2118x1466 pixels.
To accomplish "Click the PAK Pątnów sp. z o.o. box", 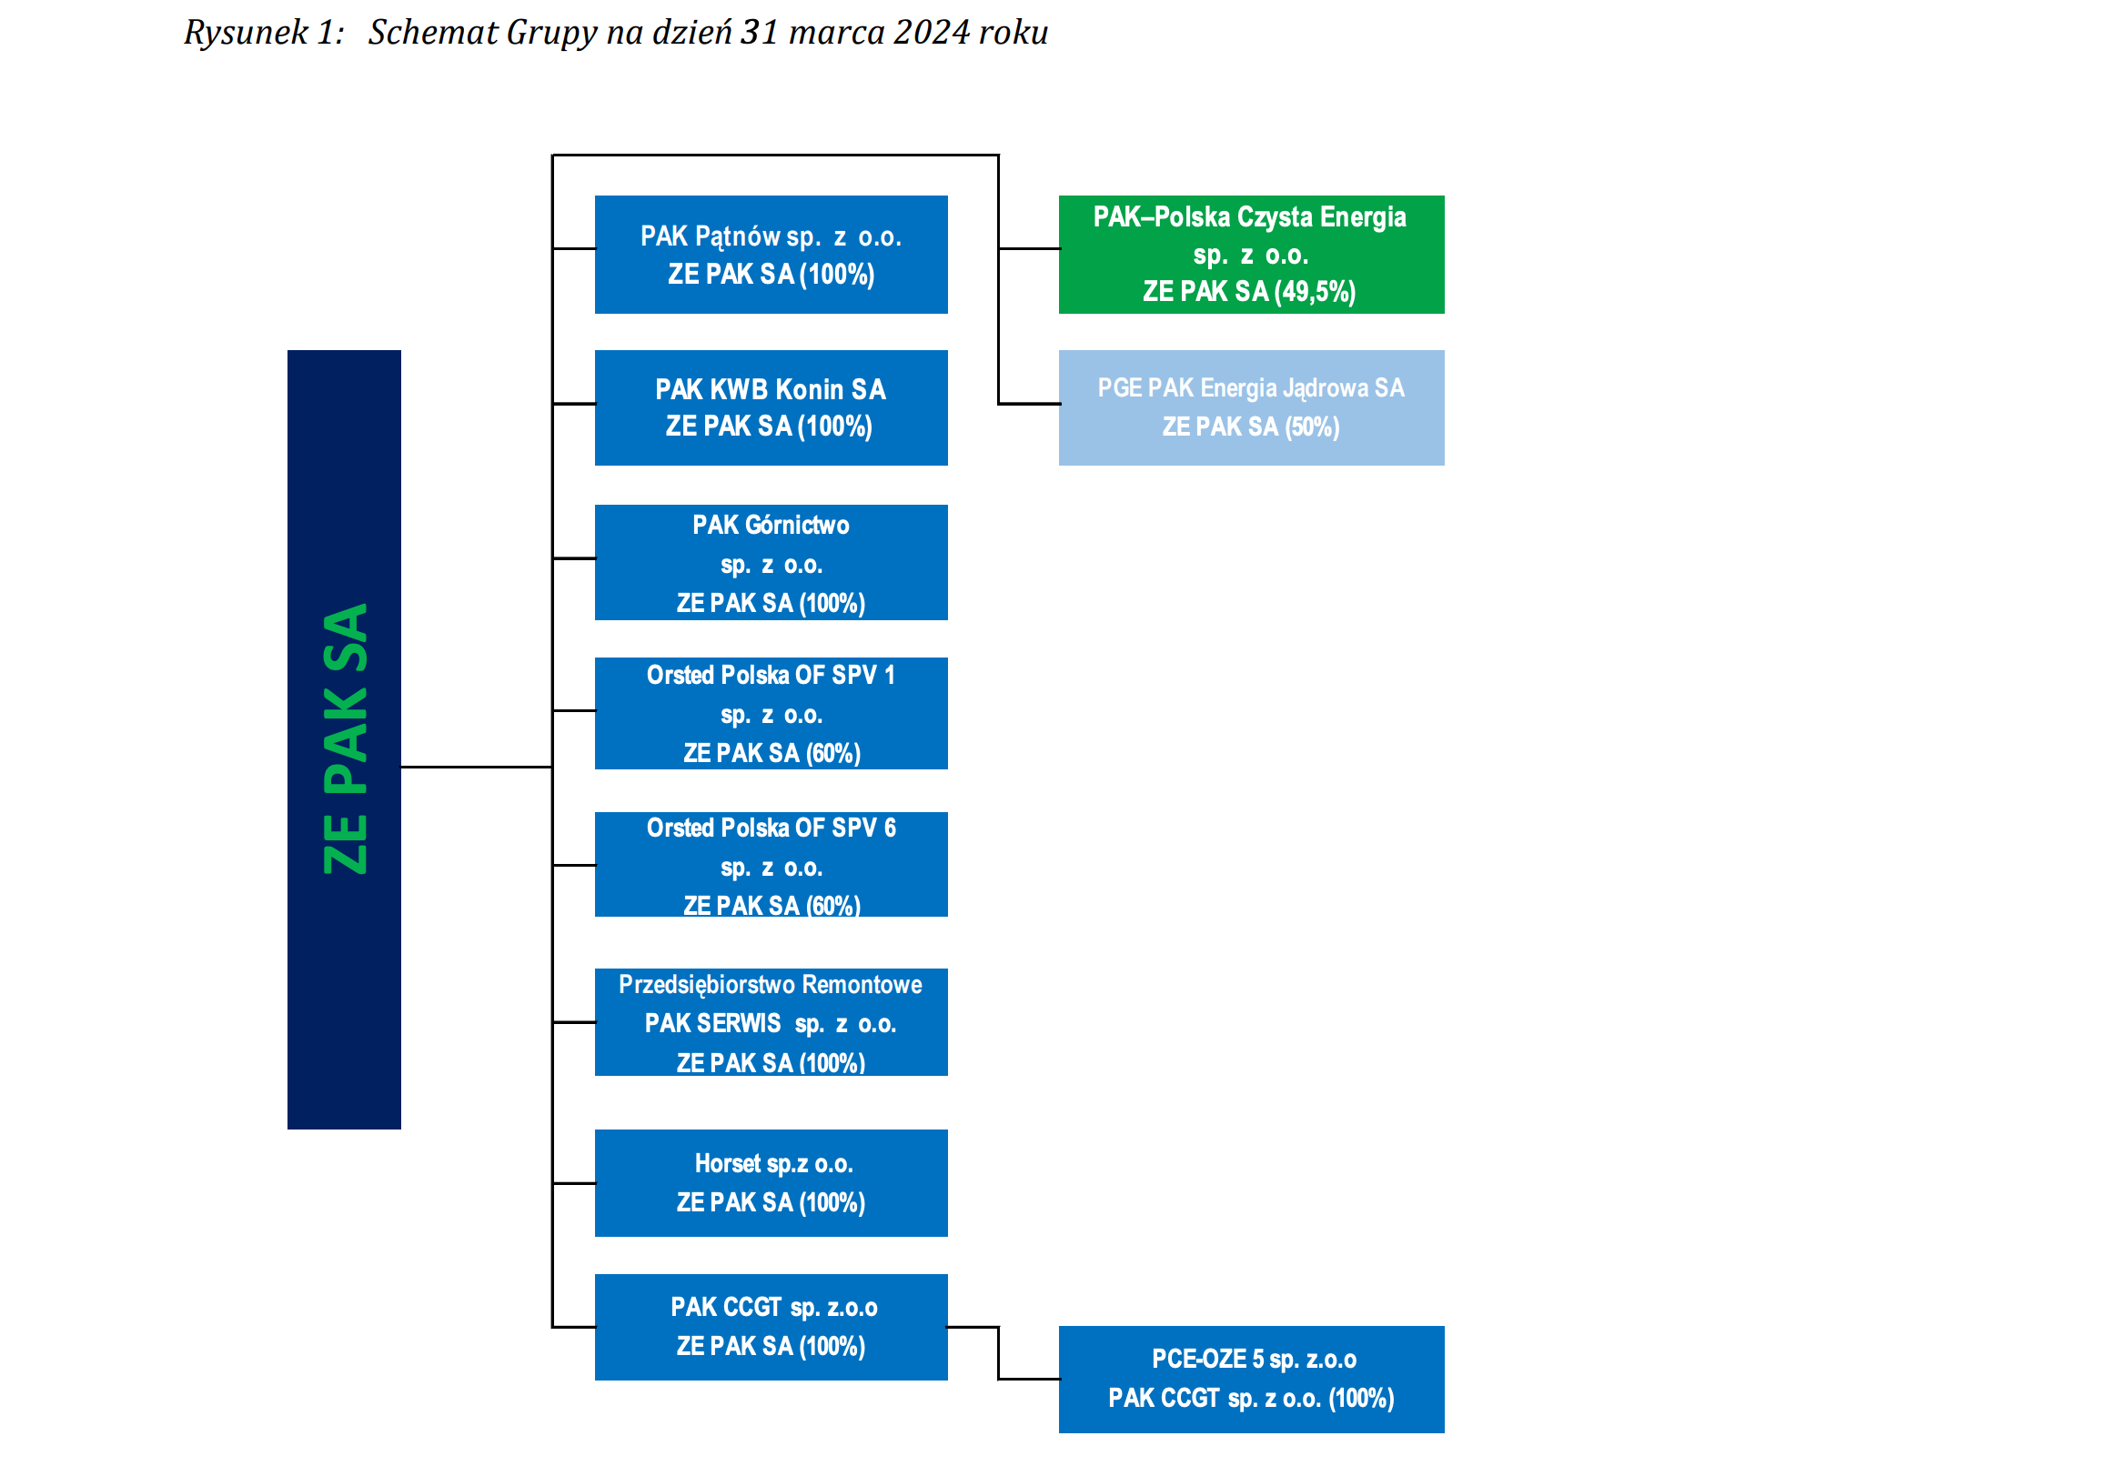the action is tap(771, 255).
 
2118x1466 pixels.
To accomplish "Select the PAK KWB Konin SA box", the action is tap(771, 407).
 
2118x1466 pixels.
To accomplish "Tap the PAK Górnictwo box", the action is tap(771, 562).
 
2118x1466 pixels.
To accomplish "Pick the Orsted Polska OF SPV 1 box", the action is tap(771, 713).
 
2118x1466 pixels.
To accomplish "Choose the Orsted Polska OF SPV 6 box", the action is tap(771, 864).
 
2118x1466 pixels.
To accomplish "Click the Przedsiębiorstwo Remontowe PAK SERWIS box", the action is tap(771, 1022).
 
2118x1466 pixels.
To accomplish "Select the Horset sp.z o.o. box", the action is tap(771, 1183).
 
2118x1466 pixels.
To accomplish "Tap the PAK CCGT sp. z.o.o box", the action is tap(771, 1327).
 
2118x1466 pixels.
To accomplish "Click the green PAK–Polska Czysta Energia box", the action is tap(1252, 255).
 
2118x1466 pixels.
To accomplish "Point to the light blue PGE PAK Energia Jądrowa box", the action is tap(1252, 407).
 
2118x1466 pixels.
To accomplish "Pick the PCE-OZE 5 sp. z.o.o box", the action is tap(1252, 1380).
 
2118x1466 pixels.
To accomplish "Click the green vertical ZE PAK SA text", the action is tap(346, 738).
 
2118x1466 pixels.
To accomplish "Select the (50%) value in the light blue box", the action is tap(1312, 427).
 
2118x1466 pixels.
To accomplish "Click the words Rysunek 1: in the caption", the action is tap(264, 33).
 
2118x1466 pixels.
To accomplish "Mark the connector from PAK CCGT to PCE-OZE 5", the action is tap(999, 1353).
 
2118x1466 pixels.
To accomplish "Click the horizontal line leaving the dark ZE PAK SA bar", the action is tap(477, 767).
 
